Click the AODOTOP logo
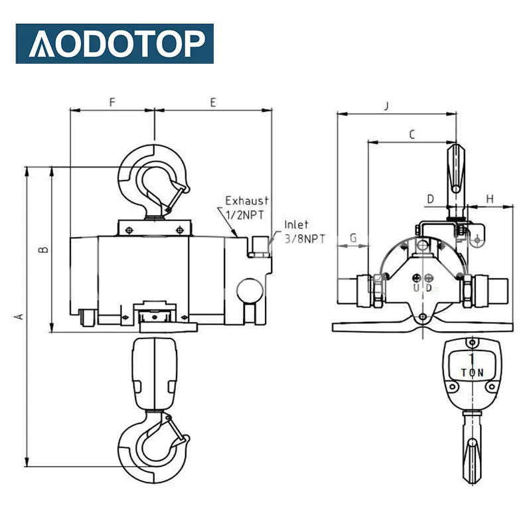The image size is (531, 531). point(115,44)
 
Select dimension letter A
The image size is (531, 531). point(19,317)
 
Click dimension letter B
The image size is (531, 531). point(42,250)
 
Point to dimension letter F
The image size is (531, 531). point(112,102)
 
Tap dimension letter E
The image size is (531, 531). point(213,102)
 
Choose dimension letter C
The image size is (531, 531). point(412,135)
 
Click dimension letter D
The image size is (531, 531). point(430,198)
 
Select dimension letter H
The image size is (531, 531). point(490,198)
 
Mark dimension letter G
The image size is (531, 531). point(353,237)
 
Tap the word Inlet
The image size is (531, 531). point(296,225)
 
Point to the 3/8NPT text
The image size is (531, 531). point(305,238)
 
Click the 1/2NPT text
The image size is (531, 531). point(246,214)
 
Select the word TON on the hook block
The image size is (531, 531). point(473,373)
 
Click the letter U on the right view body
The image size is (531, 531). point(416,289)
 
